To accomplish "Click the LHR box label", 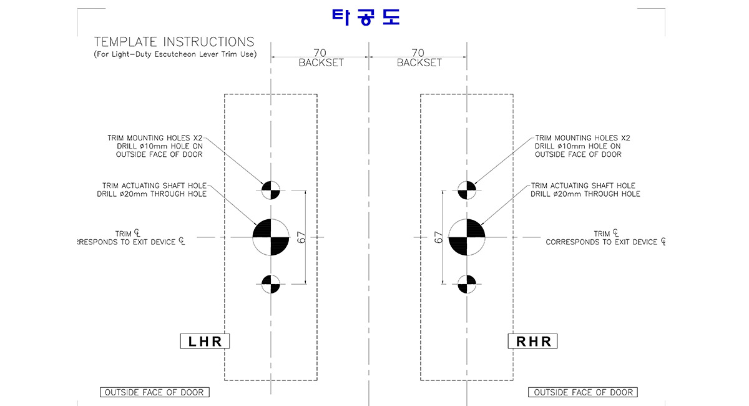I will coord(205,341).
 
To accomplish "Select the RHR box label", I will coord(532,341).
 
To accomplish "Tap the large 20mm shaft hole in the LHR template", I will coord(271,237).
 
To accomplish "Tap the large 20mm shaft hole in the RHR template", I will coord(467,237).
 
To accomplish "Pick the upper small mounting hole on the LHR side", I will coord(271,189).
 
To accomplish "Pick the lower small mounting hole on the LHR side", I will coord(271,285).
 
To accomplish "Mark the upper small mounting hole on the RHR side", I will coord(467,189).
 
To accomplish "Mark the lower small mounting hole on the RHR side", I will coord(467,285).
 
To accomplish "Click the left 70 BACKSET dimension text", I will coord(321,58).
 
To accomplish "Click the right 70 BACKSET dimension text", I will coord(419,58).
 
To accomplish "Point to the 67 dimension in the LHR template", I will coord(301,237).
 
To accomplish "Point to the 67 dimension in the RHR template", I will coord(438,237).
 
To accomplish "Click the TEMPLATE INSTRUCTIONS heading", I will coord(174,42).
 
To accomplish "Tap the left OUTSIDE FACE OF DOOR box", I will coord(155,392).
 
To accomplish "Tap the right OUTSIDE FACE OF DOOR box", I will coord(582,392).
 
